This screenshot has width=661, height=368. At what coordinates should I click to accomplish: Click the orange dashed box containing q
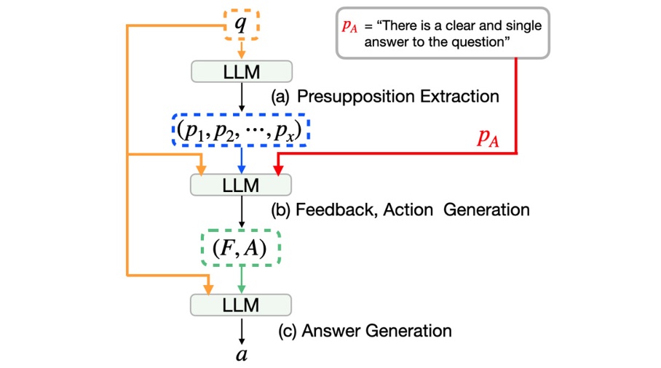pos(240,24)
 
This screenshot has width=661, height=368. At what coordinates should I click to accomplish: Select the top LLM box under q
pos(241,71)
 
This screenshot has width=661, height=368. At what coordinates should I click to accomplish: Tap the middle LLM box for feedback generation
pos(241,185)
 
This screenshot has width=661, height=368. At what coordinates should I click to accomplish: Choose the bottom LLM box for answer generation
pos(241,305)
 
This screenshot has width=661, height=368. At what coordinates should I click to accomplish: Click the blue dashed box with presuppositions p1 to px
pos(241,131)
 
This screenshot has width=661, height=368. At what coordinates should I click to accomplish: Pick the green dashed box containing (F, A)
pos(240,248)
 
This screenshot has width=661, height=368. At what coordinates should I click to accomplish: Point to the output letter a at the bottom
pos(241,355)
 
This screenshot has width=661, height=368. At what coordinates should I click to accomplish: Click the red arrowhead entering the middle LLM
pos(278,169)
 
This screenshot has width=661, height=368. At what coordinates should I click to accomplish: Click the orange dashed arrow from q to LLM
pos(241,49)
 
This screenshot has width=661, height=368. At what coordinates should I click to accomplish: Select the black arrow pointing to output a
pos(241,331)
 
